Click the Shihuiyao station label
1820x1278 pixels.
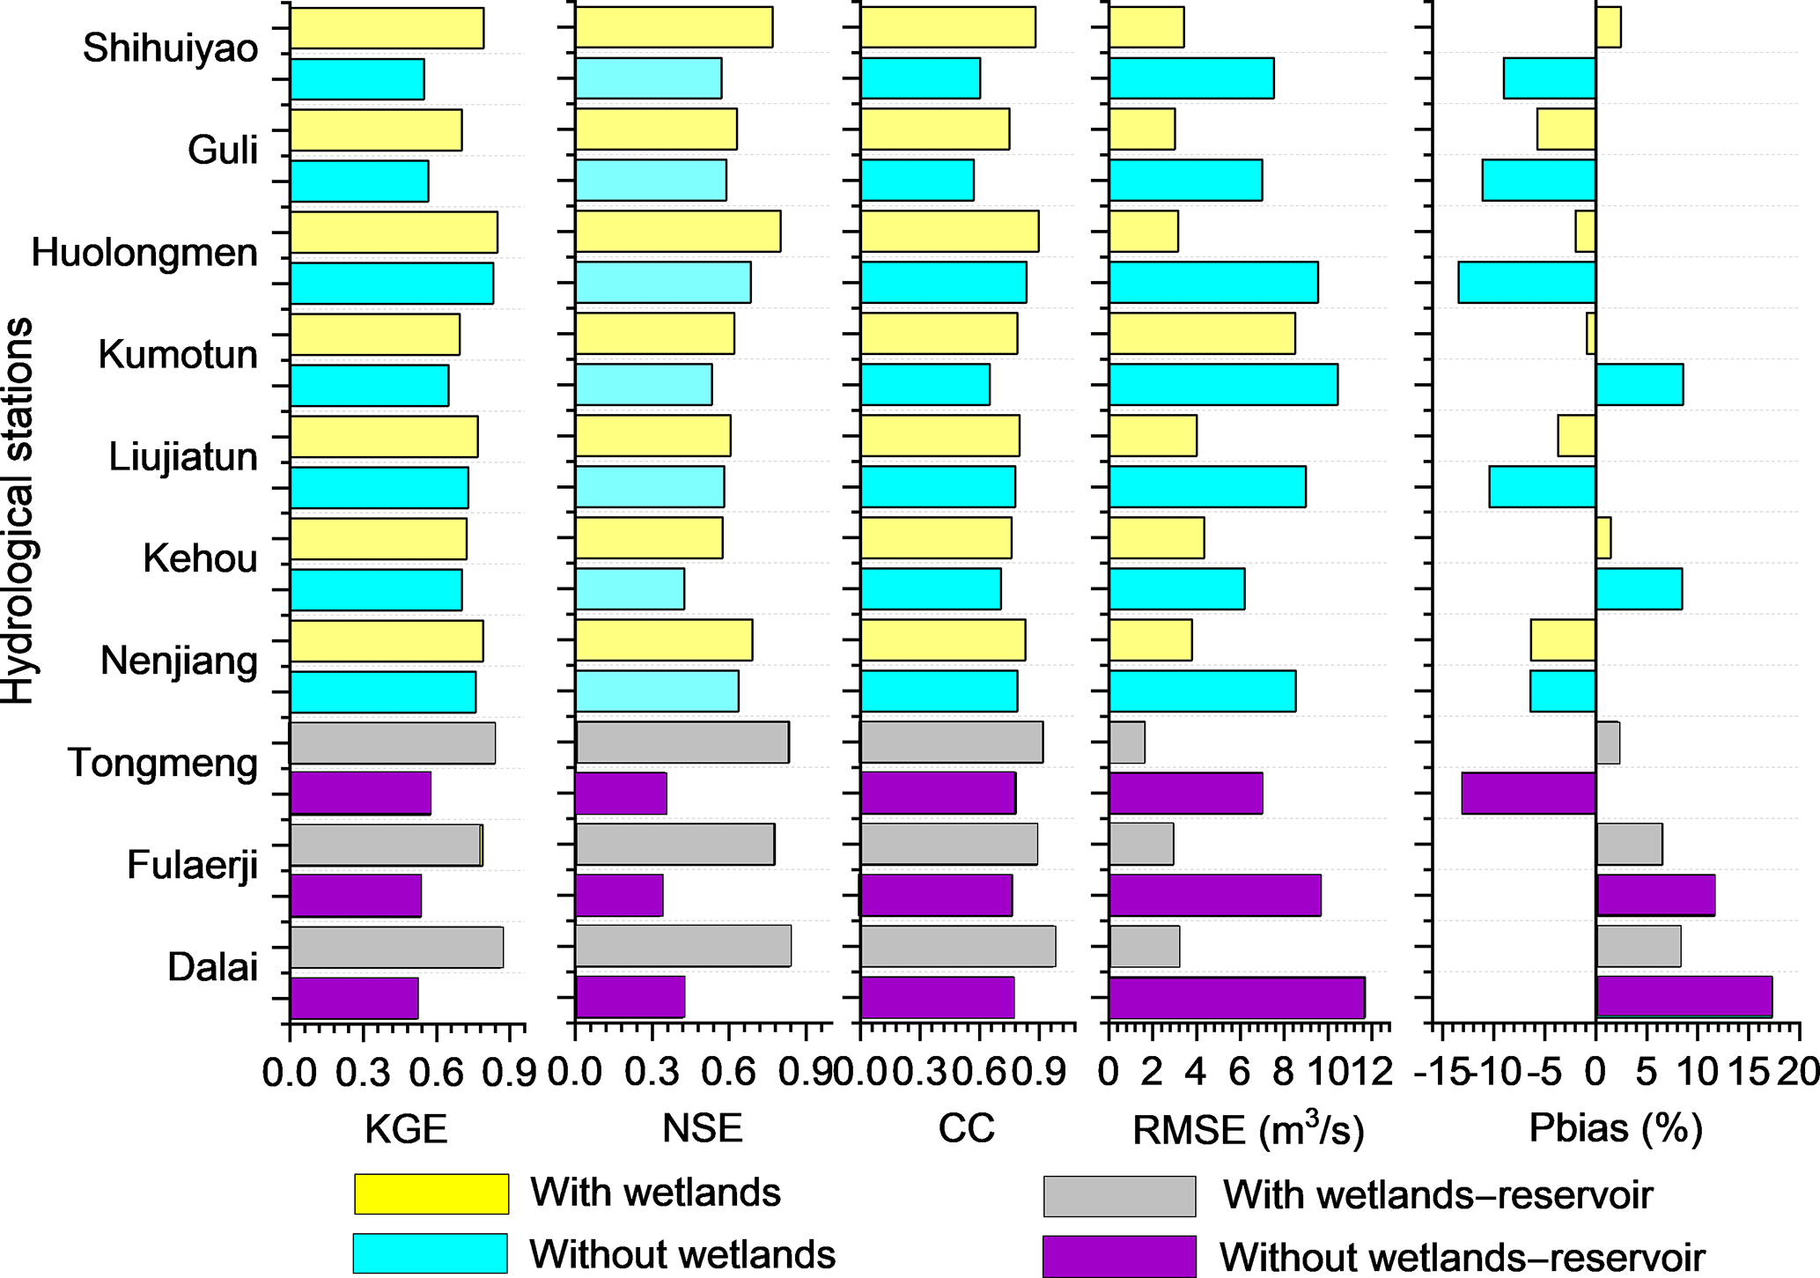point(170,48)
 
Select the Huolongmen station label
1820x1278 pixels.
point(144,254)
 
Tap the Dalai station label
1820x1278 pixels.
point(212,968)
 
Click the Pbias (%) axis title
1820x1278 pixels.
point(1616,1128)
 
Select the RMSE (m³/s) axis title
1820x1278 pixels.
point(1248,1130)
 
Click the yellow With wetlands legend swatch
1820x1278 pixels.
point(431,1193)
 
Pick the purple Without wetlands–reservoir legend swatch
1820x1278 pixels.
point(1119,1256)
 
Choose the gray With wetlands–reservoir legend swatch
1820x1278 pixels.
point(1119,1196)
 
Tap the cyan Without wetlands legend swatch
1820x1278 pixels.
point(430,1253)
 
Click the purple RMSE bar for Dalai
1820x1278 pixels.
point(1236,998)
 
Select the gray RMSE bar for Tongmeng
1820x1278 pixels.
point(1127,742)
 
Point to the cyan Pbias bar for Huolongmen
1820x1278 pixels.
point(1527,283)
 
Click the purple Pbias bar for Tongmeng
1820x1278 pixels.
point(1529,793)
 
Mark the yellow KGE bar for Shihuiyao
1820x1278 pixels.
point(387,28)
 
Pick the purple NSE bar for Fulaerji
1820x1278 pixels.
point(619,896)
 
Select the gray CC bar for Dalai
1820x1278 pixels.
point(958,947)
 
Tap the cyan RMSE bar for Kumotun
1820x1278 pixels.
point(1223,385)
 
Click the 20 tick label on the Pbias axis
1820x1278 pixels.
point(1801,1073)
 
